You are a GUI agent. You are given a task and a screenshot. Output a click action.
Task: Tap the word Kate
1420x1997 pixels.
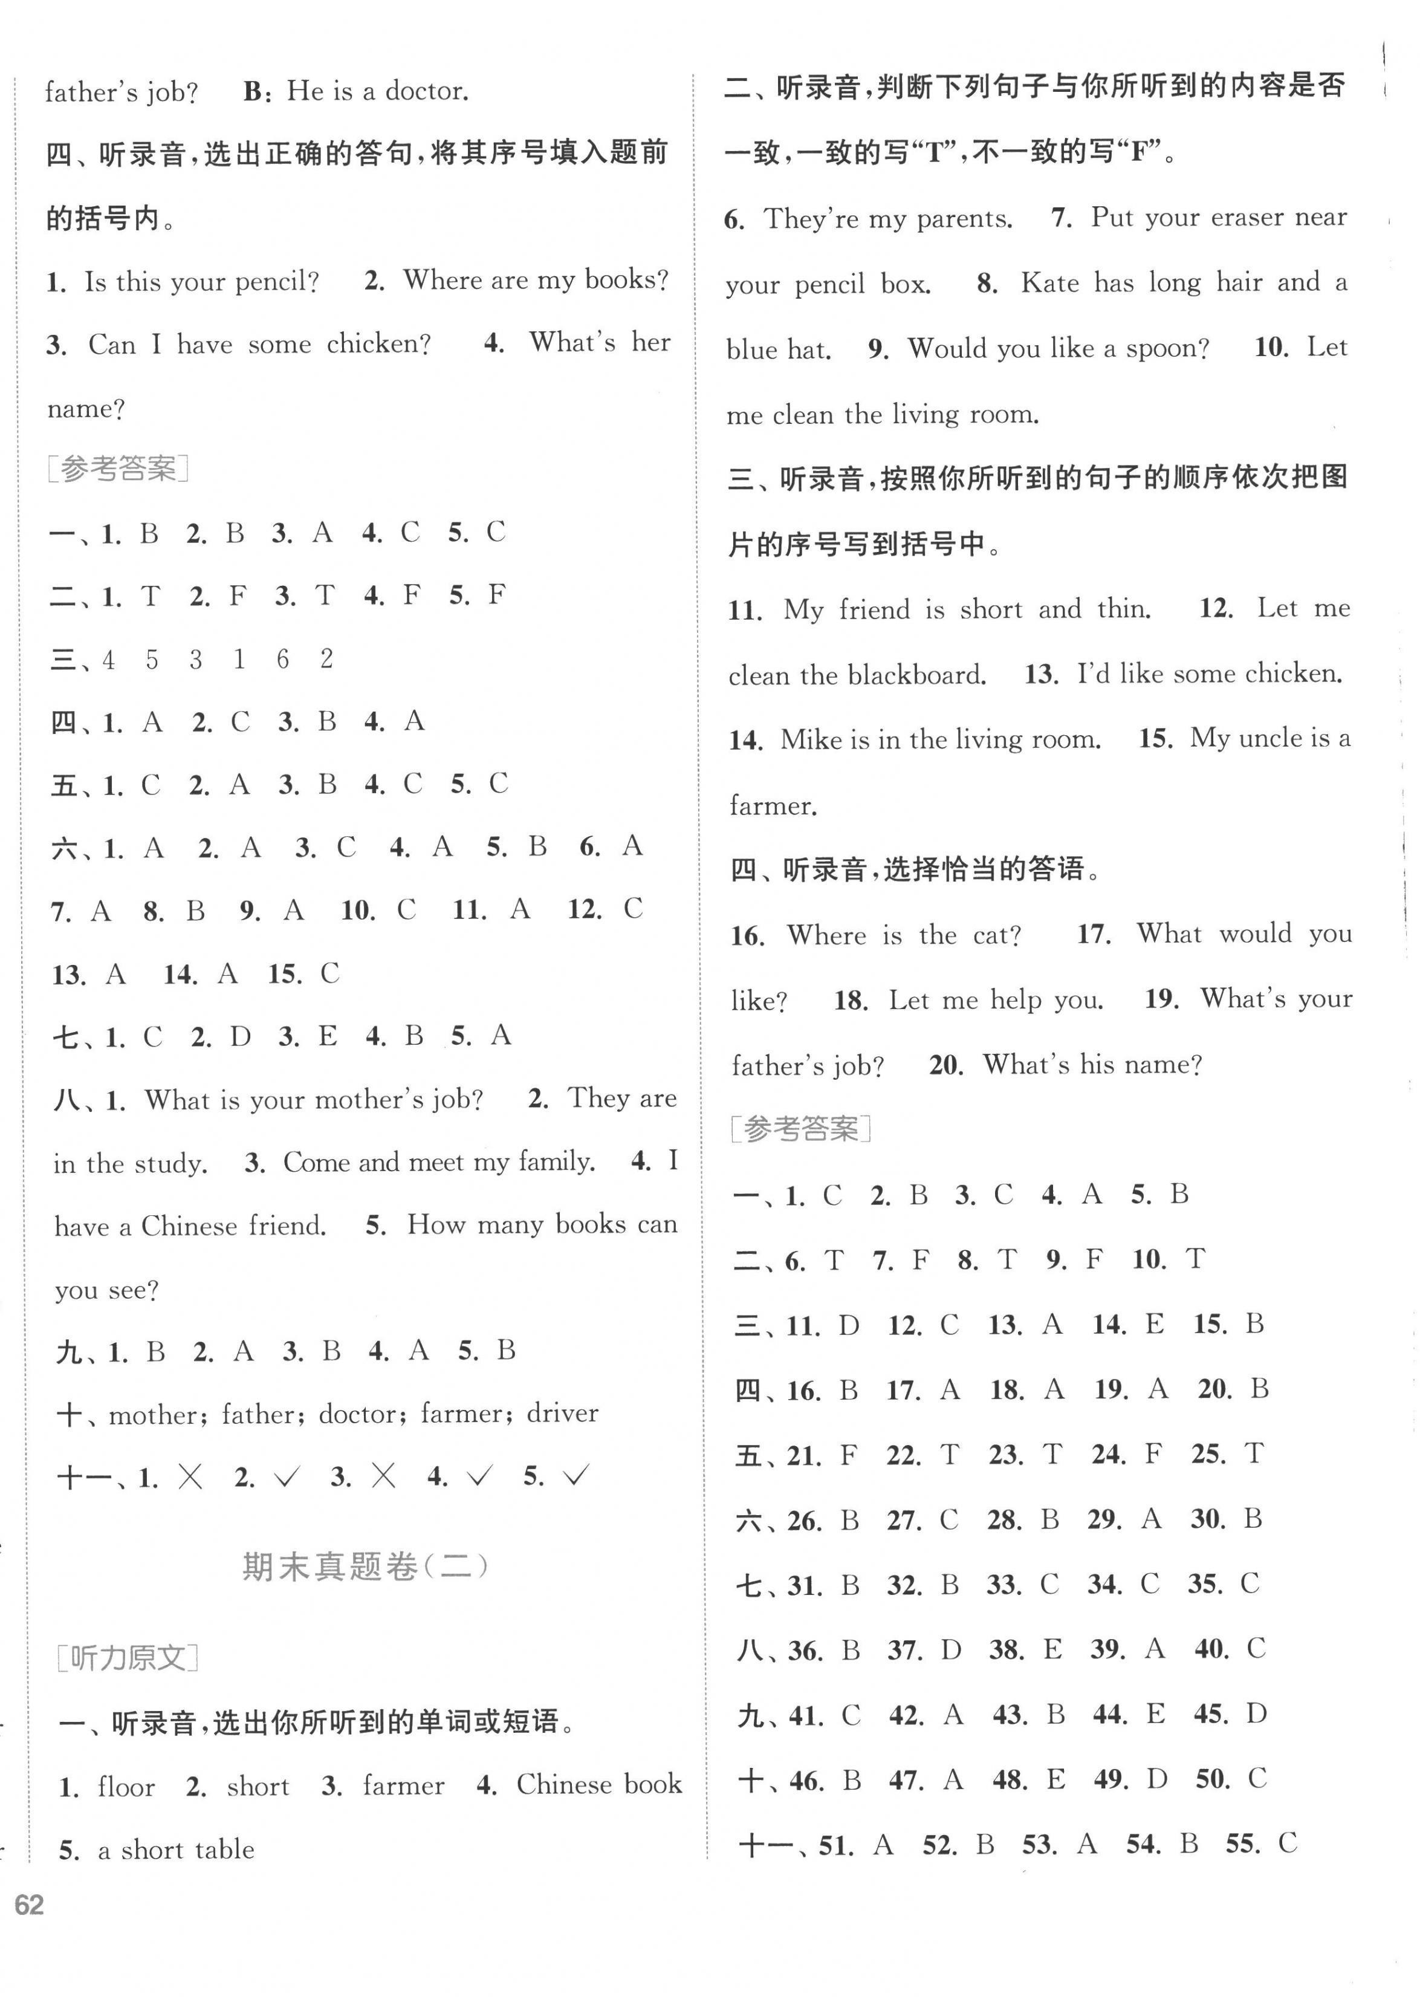point(1050,284)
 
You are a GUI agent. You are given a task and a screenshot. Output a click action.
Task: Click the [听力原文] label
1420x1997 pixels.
point(128,1657)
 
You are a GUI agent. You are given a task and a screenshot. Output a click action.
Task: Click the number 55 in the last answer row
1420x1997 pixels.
point(1242,1844)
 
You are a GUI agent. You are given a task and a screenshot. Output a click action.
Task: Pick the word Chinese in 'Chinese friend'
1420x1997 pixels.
point(189,1226)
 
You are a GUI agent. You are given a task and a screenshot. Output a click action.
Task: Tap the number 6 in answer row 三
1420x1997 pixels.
point(282,658)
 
